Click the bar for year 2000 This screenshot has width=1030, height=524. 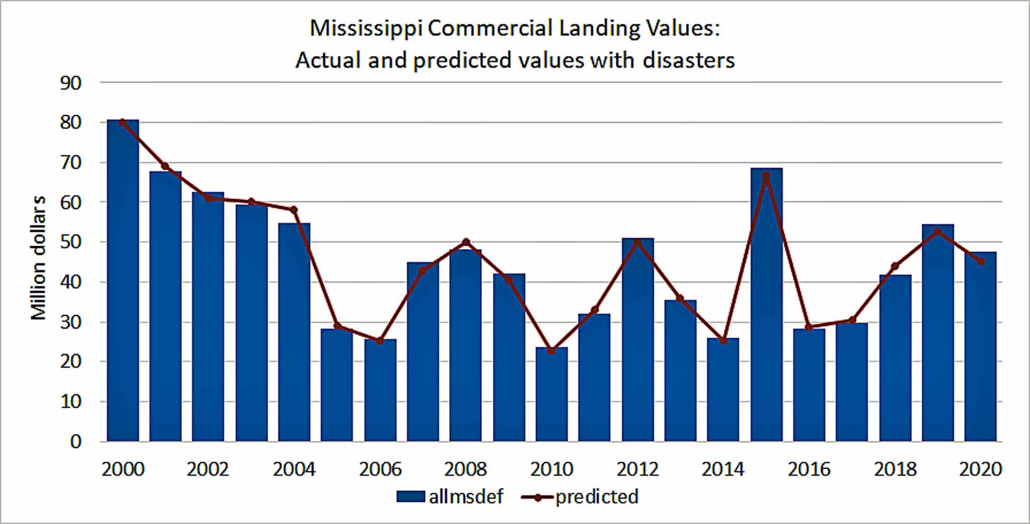click(x=123, y=280)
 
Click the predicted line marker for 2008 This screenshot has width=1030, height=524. click(x=466, y=242)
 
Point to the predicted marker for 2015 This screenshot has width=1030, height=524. click(x=766, y=175)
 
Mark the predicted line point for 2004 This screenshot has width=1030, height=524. click(x=294, y=210)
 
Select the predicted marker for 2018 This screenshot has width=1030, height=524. click(x=895, y=266)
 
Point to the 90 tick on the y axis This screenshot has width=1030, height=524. click(x=71, y=83)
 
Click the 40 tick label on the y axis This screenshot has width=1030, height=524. click(x=71, y=282)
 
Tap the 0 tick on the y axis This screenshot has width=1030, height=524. click(x=76, y=442)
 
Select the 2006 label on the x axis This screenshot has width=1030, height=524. click(x=380, y=469)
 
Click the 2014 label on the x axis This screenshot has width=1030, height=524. click(x=723, y=469)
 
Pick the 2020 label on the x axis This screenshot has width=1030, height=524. click(x=980, y=469)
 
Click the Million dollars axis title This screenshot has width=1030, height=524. click(x=38, y=258)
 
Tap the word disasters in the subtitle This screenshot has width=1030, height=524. click(x=688, y=60)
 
